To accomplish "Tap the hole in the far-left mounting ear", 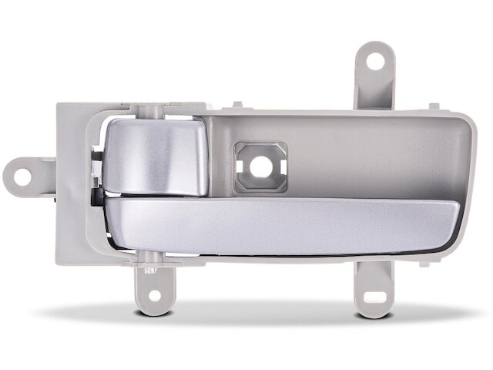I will point(22,176).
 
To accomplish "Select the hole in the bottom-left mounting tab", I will point(154,294).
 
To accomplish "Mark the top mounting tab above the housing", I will point(374,77).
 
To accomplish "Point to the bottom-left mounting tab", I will point(154,286).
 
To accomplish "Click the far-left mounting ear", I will point(29,176).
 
